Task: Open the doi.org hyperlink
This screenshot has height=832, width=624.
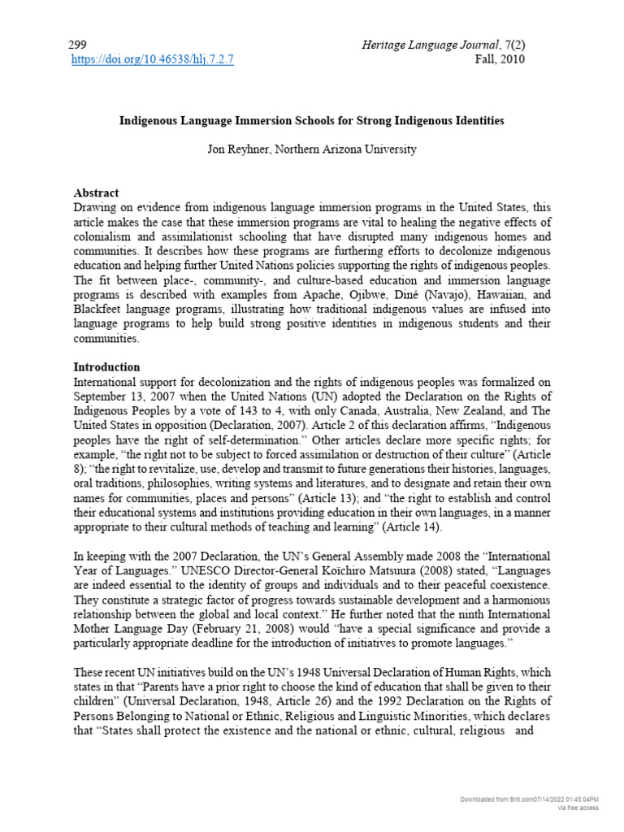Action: [153, 59]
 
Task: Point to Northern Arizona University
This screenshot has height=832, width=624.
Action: [353, 149]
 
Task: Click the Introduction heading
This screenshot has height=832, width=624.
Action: [106, 367]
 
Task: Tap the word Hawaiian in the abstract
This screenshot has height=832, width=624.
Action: [500, 297]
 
